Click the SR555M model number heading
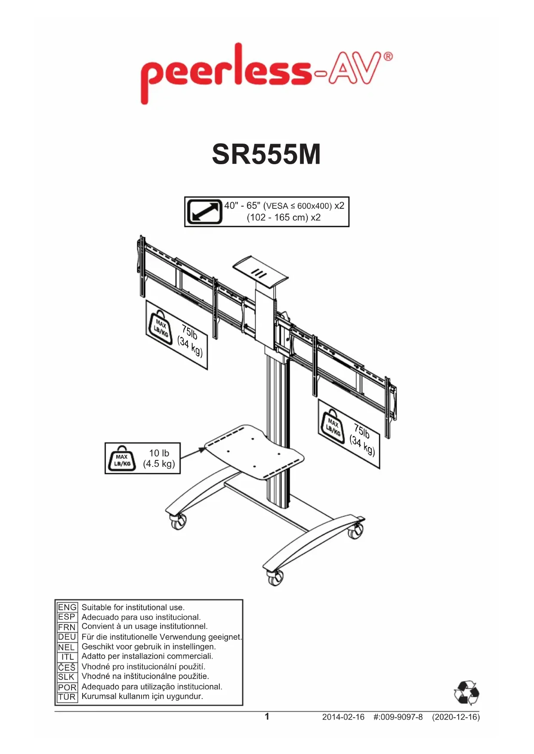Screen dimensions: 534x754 click(266, 154)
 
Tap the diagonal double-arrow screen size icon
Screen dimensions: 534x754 click(204, 211)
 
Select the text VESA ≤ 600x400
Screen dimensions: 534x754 click(298, 206)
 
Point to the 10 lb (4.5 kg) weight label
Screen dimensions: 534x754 click(159, 458)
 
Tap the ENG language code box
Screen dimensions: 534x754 click(67, 607)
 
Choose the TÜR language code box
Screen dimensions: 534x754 click(67, 697)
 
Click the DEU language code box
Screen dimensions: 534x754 click(67, 637)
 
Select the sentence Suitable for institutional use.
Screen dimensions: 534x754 click(133, 607)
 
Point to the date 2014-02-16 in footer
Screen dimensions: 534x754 click(343, 717)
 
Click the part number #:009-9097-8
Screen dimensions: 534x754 click(398, 717)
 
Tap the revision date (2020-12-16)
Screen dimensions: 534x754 click(456, 717)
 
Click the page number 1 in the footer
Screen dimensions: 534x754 click(267, 716)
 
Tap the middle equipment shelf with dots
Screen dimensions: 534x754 click(254, 451)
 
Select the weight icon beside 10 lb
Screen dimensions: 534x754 click(122, 459)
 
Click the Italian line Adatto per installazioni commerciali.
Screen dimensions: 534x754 click(147, 656)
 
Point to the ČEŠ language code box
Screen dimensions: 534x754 click(67, 667)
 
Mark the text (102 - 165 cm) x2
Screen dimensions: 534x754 click(284, 218)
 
